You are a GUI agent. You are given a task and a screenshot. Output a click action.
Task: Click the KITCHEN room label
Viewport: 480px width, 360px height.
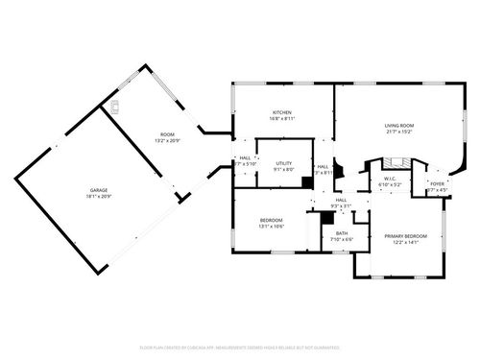(281, 112)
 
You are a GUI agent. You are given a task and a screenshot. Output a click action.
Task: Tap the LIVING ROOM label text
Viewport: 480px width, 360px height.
(398, 126)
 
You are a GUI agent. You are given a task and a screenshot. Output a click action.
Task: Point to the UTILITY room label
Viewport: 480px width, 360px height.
(283, 164)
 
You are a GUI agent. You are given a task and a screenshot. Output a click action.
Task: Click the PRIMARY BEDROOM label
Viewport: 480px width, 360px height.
(406, 235)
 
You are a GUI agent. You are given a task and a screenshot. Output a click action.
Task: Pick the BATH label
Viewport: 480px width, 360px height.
(342, 232)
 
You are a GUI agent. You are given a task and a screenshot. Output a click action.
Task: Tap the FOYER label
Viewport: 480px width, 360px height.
(437, 183)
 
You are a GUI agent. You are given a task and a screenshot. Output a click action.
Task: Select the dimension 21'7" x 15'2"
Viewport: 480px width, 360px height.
(398, 132)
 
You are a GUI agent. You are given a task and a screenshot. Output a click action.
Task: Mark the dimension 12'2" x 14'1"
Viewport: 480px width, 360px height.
(406, 242)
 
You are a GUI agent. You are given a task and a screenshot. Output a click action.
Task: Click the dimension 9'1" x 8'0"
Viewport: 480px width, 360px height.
(283, 171)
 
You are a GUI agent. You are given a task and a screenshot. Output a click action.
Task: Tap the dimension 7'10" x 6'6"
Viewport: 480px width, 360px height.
(342, 239)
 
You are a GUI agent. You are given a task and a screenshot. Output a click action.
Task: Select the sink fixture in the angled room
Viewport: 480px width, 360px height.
(114, 106)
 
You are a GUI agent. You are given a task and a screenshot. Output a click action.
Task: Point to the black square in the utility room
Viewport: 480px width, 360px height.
(306, 180)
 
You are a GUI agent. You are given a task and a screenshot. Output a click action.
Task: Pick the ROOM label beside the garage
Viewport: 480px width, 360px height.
(167, 134)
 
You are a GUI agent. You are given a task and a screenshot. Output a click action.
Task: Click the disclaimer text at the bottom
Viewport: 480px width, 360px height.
(240, 347)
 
